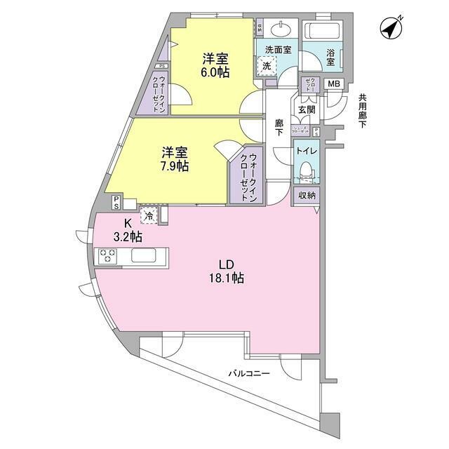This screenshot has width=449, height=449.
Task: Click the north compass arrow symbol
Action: (x=391, y=28)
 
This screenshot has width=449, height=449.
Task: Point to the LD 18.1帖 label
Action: (x=225, y=272)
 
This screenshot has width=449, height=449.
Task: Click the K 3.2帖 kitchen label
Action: (x=128, y=231)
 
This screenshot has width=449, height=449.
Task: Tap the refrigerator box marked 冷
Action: (x=149, y=213)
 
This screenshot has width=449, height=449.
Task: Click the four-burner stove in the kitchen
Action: (x=108, y=256)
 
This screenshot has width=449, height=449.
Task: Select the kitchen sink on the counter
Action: (x=146, y=256)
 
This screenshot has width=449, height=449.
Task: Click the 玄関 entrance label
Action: (x=306, y=109)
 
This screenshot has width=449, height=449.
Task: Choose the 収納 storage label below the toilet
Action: (x=307, y=196)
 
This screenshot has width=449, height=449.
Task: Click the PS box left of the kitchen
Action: (x=116, y=201)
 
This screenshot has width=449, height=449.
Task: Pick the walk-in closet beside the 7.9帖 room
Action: (x=245, y=177)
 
